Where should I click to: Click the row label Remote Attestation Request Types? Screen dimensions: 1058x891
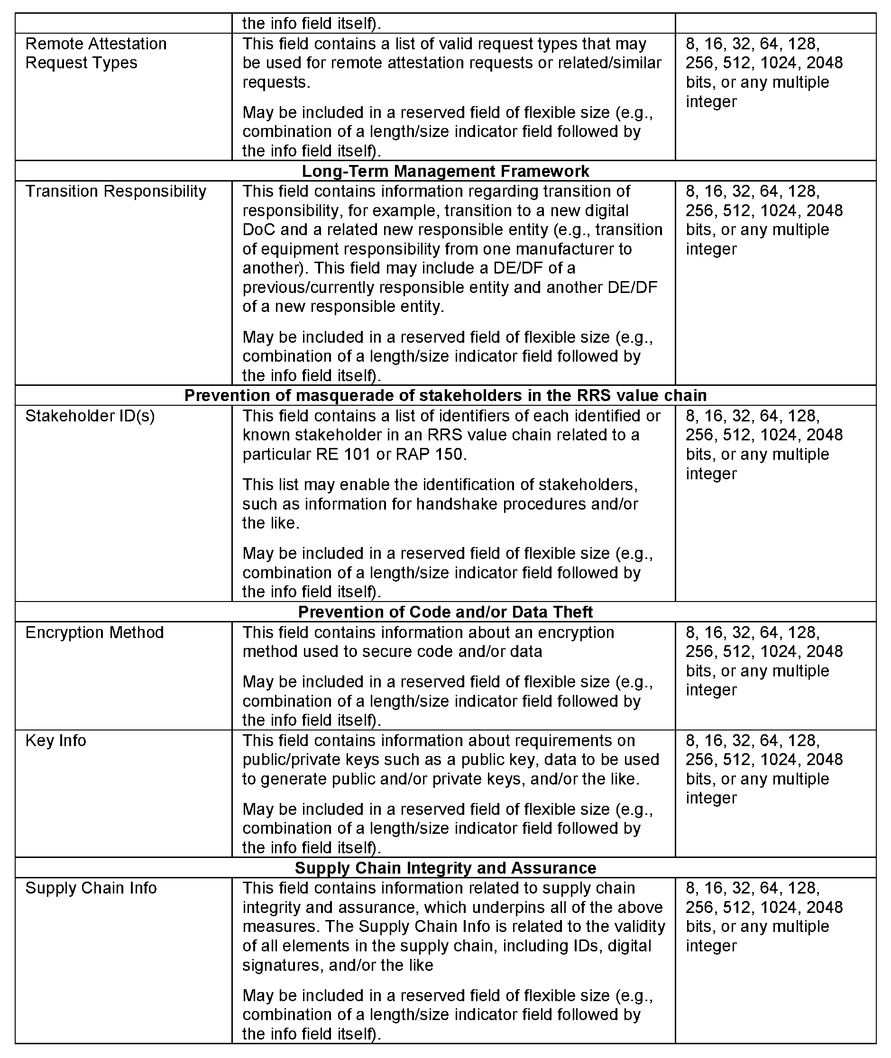click(96, 53)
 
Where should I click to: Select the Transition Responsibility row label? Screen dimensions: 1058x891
click(116, 192)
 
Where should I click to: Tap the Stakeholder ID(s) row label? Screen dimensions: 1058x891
click(90, 416)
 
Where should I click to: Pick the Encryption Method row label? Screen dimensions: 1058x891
click(94, 632)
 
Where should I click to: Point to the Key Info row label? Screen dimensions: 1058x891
click(55, 740)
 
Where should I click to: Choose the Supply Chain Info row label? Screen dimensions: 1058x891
click(91, 888)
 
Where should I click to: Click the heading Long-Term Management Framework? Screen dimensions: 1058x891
click(446, 171)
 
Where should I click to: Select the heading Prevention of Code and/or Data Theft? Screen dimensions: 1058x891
click(446, 611)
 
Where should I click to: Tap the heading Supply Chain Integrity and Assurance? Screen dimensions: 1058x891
click(446, 867)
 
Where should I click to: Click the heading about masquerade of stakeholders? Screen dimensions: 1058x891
click(446, 395)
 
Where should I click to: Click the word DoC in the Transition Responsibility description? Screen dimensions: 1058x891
click(257, 230)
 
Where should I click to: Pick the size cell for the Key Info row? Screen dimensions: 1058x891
click(764, 769)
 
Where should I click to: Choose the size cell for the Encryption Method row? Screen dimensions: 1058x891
click(764, 661)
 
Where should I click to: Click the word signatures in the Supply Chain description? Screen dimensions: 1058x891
click(282, 965)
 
